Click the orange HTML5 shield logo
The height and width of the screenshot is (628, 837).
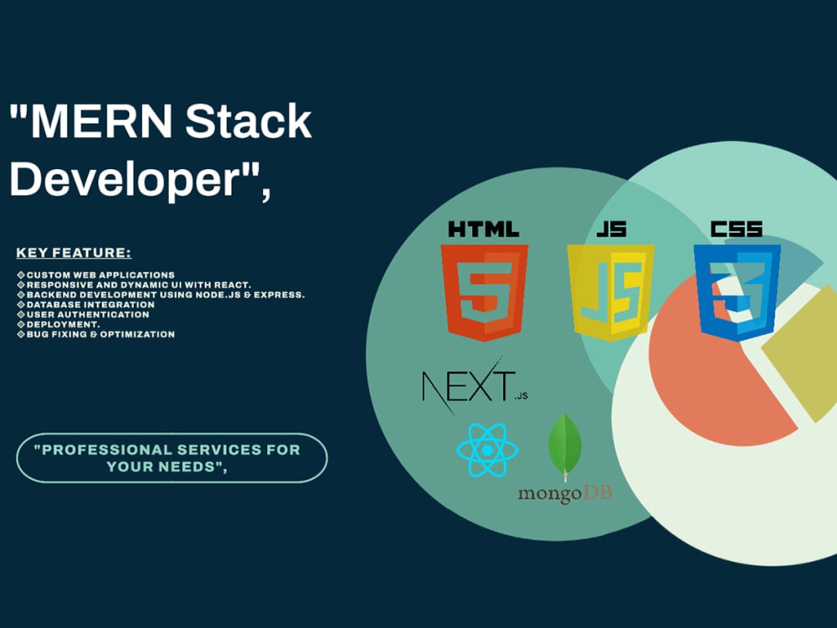tap(484, 292)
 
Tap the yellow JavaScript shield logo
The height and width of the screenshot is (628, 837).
tap(611, 292)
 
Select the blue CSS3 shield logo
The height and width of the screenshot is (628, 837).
tap(737, 292)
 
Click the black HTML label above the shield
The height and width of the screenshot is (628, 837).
tap(484, 229)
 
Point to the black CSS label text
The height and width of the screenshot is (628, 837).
tap(737, 229)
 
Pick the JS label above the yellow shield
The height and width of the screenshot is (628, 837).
tap(612, 229)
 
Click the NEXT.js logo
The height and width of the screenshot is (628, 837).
tap(475, 385)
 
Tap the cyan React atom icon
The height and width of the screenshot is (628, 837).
tap(487, 450)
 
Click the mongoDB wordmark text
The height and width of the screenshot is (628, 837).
tap(565, 493)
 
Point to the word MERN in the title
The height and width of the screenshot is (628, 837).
tap(101, 121)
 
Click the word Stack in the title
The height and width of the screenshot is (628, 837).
tap(249, 121)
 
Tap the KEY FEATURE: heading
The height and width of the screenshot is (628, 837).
tap(74, 253)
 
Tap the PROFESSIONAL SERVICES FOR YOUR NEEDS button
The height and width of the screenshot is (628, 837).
tap(172, 458)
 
